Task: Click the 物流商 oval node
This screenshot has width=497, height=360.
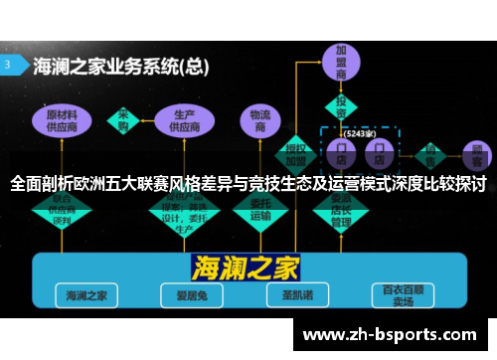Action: point(261,121)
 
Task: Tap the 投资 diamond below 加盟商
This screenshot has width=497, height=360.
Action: point(341,105)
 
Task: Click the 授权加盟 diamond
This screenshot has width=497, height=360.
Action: point(296,152)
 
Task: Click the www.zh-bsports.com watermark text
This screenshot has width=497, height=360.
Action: point(394,334)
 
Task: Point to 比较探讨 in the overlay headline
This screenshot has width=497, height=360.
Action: point(448,184)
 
